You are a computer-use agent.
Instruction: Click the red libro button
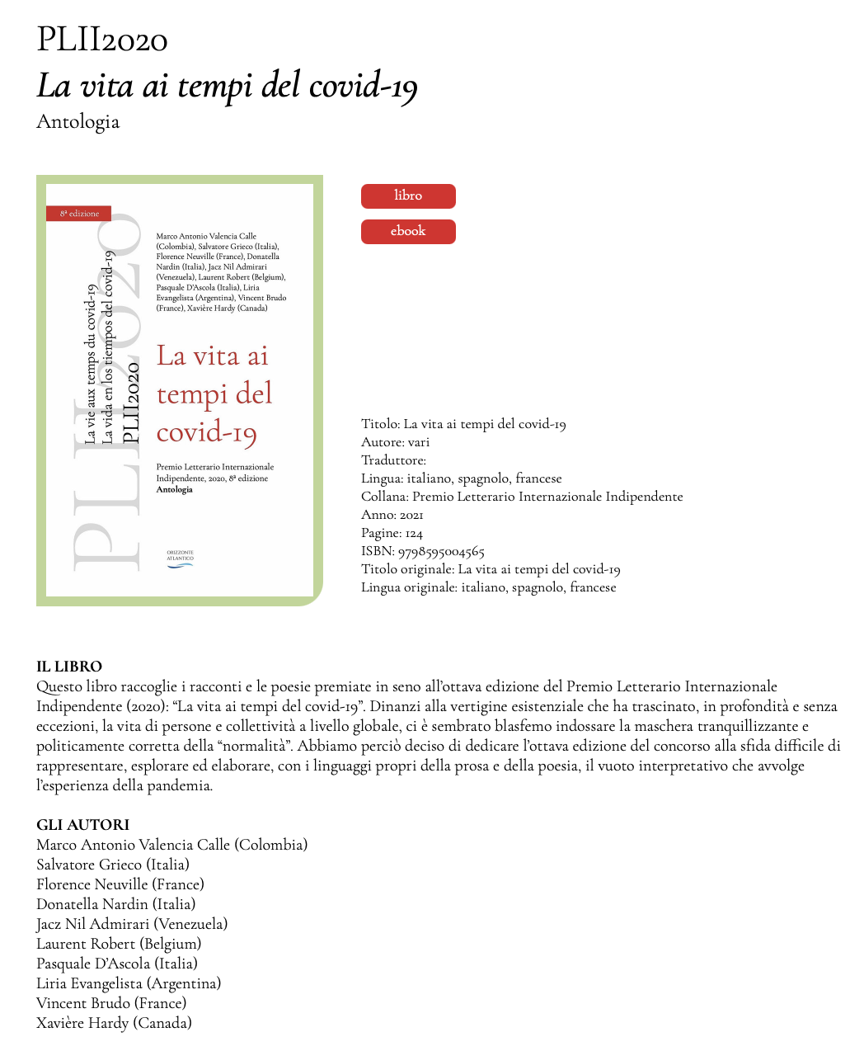408,196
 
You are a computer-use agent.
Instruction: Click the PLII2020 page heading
102,40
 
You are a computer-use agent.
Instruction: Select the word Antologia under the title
78,122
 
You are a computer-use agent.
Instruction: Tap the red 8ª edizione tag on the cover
79,214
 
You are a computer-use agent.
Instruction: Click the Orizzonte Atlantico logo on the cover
180,558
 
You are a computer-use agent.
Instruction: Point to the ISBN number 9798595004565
441,551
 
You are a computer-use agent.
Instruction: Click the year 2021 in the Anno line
411,515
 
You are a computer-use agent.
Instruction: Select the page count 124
414,533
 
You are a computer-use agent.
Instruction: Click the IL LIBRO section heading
69,667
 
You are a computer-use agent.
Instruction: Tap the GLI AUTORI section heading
83,825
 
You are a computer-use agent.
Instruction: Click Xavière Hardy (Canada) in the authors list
114,1023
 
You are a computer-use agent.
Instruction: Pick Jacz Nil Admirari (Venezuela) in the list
132,924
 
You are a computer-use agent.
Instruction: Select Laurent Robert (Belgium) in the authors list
119,944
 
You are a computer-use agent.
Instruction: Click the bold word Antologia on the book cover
175,489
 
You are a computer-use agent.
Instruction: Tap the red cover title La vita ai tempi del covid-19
214,394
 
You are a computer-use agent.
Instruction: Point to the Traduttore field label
392,460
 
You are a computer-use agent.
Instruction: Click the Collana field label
384,497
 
